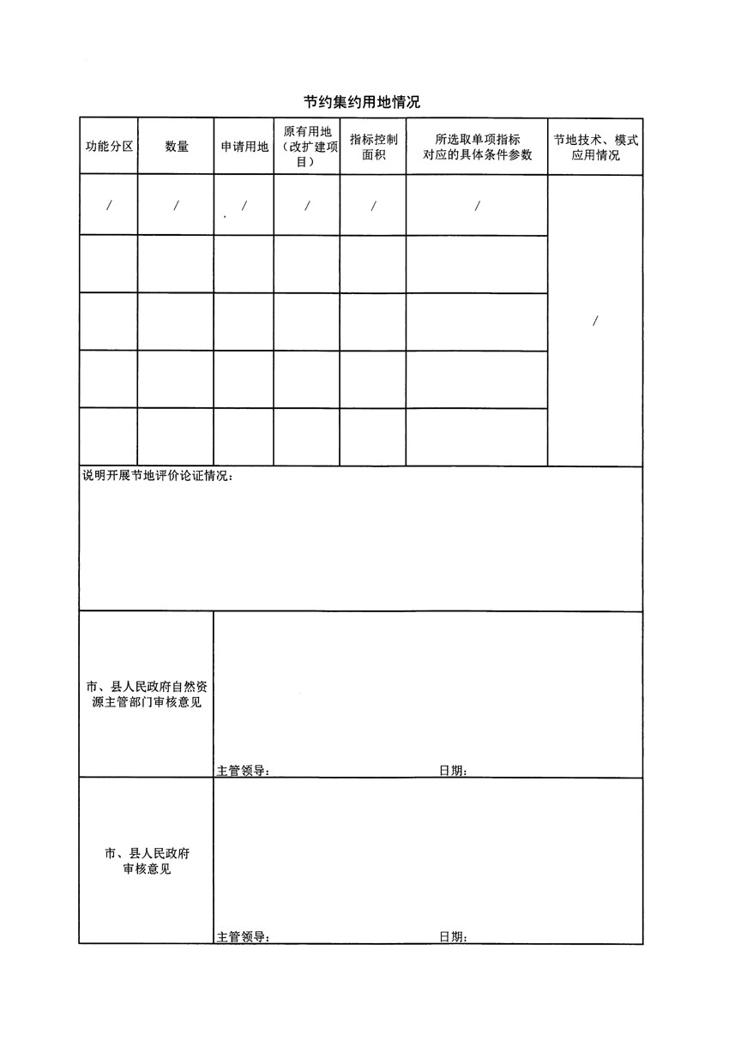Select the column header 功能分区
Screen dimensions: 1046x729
click(x=108, y=147)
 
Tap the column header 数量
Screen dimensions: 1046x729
click(x=177, y=147)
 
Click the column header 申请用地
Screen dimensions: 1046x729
click(x=244, y=147)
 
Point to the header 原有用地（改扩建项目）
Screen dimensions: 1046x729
click(x=307, y=146)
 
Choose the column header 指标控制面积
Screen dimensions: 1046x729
click(x=373, y=147)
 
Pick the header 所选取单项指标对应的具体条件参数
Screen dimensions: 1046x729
click(x=478, y=147)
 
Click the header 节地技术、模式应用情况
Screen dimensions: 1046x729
click(x=595, y=147)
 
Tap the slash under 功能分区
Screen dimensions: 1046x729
click(x=108, y=206)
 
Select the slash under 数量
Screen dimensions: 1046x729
click(x=176, y=206)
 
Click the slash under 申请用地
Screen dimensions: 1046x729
click(x=244, y=206)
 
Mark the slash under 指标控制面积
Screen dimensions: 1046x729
click(x=373, y=206)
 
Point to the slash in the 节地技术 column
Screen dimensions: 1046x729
click(x=595, y=322)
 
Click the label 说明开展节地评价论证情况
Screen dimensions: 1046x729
click(x=156, y=477)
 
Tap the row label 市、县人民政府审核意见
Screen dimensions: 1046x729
click(x=147, y=862)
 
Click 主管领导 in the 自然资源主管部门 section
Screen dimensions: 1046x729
click(x=244, y=771)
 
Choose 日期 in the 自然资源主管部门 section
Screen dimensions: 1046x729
click(x=453, y=771)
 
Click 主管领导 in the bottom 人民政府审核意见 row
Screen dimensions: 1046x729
click(x=244, y=937)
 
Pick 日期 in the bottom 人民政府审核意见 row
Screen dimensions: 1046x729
click(x=453, y=937)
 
